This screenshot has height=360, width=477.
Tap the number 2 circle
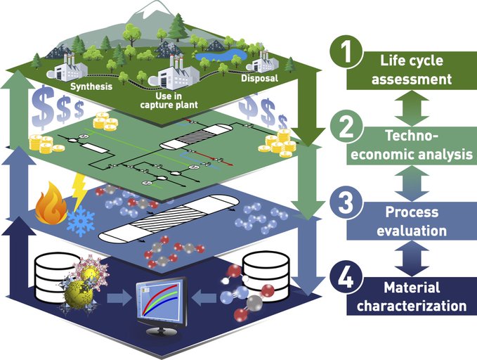(346, 127)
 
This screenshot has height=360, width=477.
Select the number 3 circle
(346, 202)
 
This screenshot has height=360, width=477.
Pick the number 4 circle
(346, 278)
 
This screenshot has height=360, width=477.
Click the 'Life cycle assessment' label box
(412, 70)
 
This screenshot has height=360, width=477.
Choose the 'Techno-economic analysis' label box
(412, 146)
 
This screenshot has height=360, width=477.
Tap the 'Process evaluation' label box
(412, 221)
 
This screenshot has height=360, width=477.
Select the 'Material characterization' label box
(412, 296)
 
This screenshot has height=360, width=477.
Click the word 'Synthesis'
(91, 86)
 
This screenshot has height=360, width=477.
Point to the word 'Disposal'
(259, 78)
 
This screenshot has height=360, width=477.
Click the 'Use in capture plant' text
(169, 101)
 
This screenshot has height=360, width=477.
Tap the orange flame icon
(51, 203)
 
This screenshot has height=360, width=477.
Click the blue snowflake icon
(81, 221)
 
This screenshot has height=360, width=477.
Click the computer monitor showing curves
(162, 304)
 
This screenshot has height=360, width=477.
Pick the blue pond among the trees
(221, 54)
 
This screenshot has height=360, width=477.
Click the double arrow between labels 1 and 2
(412, 108)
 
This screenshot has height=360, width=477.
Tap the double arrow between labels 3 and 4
(412, 259)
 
